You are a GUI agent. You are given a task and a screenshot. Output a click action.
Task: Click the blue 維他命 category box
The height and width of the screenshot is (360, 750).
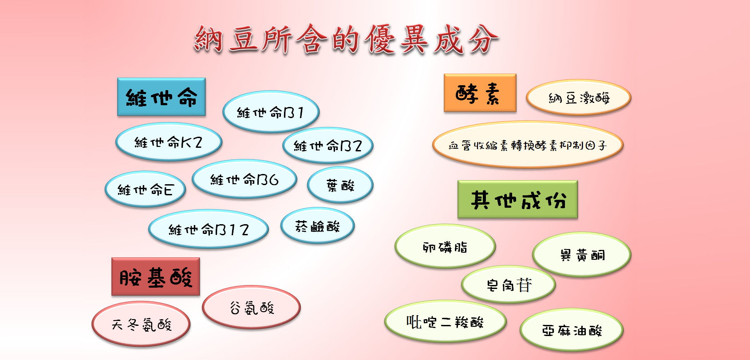(x=162, y=97)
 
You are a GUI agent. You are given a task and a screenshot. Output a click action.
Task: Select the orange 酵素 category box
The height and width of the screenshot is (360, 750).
(x=480, y=93)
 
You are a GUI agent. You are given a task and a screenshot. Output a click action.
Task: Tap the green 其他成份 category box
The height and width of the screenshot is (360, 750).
(x=517, y=200)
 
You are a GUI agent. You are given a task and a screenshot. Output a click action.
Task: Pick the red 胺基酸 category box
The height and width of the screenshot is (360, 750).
(x=156, y=277)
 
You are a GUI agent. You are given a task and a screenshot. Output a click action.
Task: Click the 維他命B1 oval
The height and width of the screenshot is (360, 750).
(x=271, y=112)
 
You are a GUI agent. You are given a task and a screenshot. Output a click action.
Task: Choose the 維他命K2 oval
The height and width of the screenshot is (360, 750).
(x=169, y=142)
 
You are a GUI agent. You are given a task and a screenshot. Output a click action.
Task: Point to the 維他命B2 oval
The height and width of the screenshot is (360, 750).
(x=328, y=145)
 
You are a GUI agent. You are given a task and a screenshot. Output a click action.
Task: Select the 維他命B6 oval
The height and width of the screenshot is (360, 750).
(x=245, y=179)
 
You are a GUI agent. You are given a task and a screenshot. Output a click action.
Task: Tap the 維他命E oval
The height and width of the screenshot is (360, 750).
(x=145, y=190)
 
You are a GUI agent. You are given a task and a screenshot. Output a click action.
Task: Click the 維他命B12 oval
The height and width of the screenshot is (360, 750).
(x=209, y=229)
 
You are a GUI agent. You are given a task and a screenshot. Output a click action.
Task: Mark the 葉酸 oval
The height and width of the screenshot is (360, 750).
(x=340, y=185)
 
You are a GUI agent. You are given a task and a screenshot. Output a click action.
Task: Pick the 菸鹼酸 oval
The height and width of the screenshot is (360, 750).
(x=317, y=225)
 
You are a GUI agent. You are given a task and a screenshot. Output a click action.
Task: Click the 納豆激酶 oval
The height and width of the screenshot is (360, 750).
(x=579, y=98)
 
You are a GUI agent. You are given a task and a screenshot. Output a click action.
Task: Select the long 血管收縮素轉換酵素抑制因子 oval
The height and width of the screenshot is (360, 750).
(x=528, y=145)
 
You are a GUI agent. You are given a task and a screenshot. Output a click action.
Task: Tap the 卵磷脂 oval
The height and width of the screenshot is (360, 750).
(x=445, y=246)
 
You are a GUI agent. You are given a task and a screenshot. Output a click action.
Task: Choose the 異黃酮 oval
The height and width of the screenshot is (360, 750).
(x=582, y=254)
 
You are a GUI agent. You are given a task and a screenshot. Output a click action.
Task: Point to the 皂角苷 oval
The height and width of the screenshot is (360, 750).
(x=509, y=285)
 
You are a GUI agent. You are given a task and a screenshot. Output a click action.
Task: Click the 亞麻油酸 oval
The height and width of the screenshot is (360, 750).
(x=572, y=330)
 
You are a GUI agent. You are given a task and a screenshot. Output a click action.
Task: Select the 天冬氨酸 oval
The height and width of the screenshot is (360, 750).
(x=141, y=324)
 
